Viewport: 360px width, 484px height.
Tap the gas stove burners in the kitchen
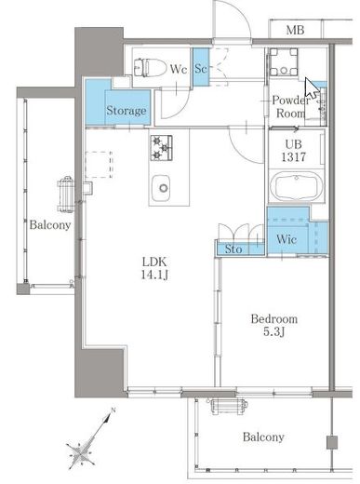click(x=161, y=148)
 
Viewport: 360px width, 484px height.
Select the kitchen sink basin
click(x=161, y=188)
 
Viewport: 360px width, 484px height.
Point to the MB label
click(x=295, y=30)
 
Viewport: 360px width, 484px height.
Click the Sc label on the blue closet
click(x=201, y=68)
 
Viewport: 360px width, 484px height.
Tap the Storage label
click(x=127, y=111)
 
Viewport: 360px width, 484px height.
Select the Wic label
click(x=287, y=239)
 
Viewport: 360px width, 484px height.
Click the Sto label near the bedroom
click(x=233, y=249)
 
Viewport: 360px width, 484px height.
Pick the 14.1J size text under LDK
click(x=154, y=275)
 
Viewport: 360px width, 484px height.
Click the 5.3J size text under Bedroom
click(x=274, y=332)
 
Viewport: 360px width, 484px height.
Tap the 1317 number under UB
click(x=293, y=157)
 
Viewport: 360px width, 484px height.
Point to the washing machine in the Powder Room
click(x=284, y=61)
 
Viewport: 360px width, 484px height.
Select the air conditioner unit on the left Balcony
click(x=66, y=195)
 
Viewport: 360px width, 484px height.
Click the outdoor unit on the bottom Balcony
click(x=229, y=406)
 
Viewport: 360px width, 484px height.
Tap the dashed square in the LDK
click(x=99, y=165)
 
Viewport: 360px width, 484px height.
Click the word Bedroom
click(x=274, y=318)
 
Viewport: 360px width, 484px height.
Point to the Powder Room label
click(x=290, y=106)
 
